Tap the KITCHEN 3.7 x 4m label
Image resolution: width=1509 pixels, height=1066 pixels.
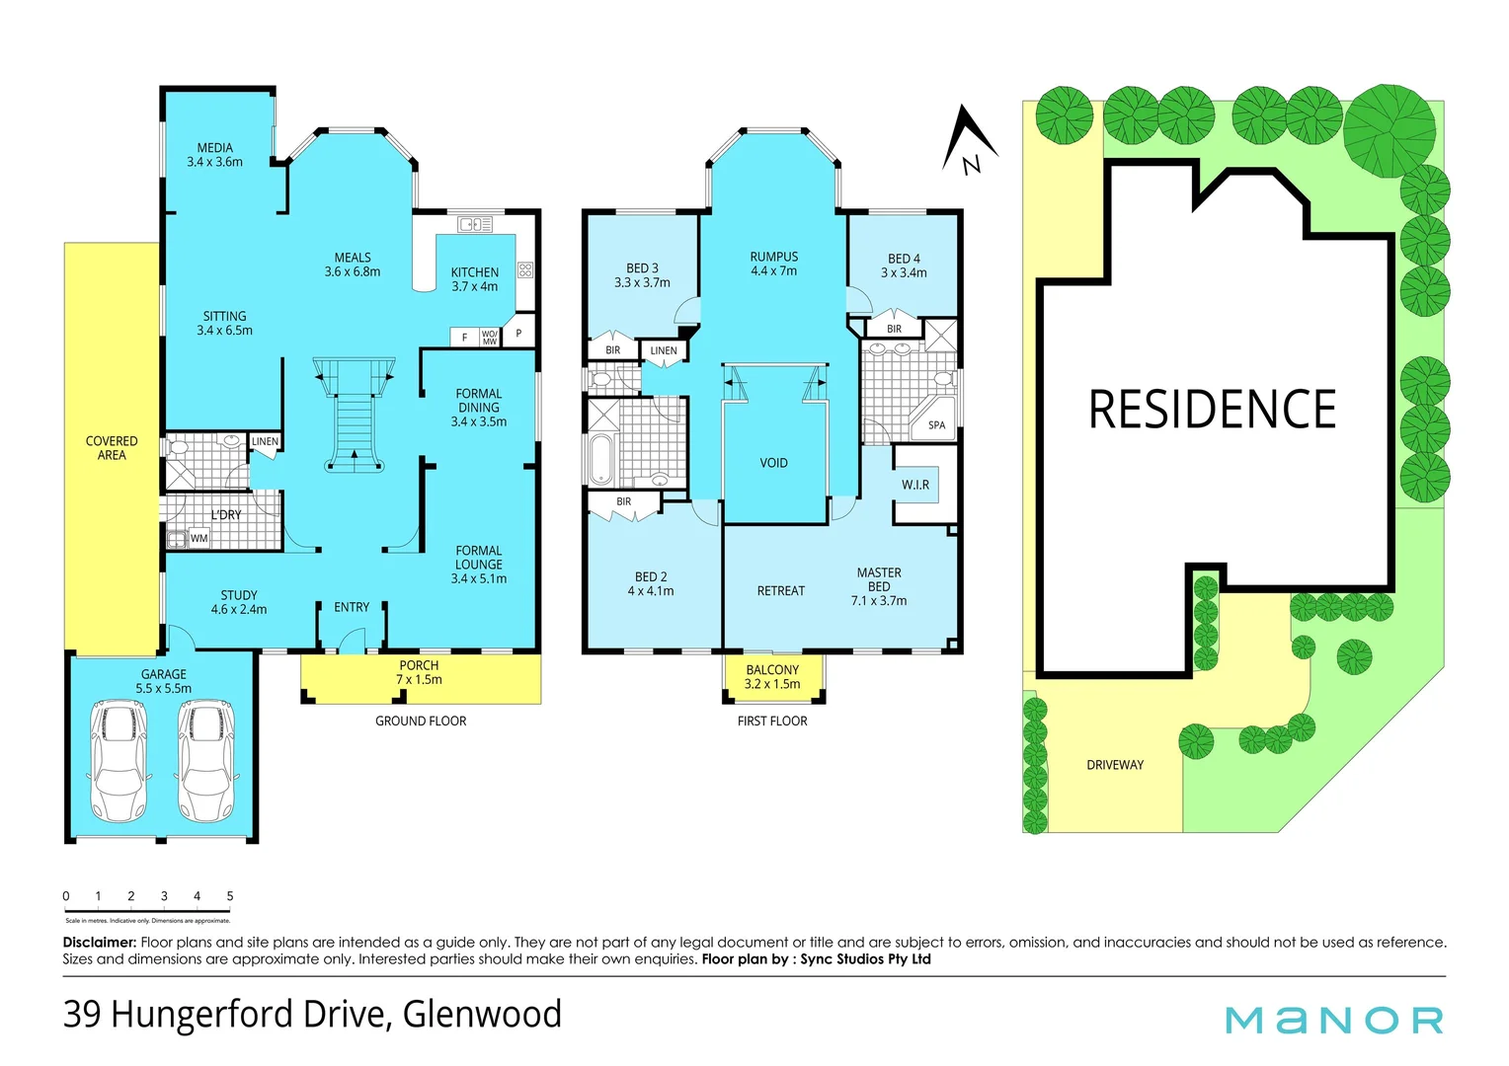(474, 279)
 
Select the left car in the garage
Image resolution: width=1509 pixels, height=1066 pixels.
(118, 760)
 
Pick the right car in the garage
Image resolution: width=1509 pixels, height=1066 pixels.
(206, 760)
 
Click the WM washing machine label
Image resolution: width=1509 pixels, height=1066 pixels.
(199, 539)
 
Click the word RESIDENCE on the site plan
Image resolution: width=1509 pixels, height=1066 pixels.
(1212, 410)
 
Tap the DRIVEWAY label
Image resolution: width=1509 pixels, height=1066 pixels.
(1115, 765)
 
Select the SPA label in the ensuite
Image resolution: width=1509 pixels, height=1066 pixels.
(936, 425)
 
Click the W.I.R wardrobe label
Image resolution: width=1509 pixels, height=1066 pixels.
(914, 485)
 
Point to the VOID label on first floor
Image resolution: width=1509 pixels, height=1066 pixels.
(773, 463)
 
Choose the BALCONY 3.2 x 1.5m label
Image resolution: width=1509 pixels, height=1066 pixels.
(772, 677)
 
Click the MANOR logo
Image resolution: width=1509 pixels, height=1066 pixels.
(1334, 1020)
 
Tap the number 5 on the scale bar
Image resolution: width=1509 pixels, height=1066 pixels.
(230, 896)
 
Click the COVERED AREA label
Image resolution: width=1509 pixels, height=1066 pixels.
(112, 448)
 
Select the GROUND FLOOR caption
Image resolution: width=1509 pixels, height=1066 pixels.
(421, 722)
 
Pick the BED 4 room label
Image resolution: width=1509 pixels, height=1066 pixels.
(904, 266)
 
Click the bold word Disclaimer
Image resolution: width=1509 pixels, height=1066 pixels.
(99, 943)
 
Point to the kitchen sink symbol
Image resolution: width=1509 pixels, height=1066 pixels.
(475, 225)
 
